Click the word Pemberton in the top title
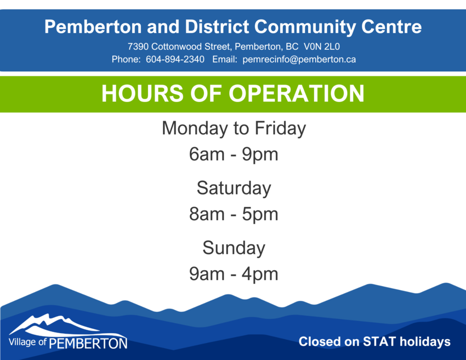tap(93, 27)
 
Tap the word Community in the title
tap(305, 27)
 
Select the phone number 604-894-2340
tap(175, 59)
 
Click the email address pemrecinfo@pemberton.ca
tap(299, 60)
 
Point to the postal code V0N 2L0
tap(322, 47)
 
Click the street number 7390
tap(138, 47)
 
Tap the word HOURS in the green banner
tap(143, 94)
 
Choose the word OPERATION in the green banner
tap(296, 94)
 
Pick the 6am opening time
tap(207, 155)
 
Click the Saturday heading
tap(234, 189)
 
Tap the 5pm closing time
tap(260, 215)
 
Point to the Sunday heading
tap(234, 249)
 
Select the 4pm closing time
tap(260, 275)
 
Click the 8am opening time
tap(207, 214)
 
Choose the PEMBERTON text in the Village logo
tap(88, 344)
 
